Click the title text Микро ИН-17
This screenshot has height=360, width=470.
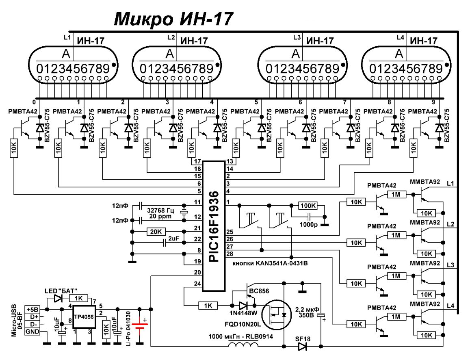pos(174,19)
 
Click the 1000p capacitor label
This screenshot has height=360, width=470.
pos(308,224)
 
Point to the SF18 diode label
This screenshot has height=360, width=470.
pos(302,337)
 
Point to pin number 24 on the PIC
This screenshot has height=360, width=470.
pos(197,284)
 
